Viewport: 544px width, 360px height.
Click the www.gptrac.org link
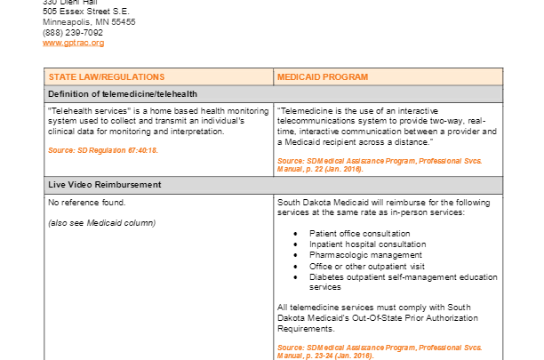point(73,43)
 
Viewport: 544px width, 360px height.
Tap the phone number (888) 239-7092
point(73,33)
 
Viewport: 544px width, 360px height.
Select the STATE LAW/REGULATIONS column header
point(107,77)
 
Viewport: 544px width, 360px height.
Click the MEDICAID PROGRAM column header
point(322,77)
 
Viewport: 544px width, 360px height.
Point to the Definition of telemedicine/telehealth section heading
point(123,93)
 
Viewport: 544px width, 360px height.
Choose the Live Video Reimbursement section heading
point(105,184)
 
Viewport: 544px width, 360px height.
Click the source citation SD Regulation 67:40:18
point(103,150)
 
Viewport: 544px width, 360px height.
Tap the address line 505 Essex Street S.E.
point(89,12)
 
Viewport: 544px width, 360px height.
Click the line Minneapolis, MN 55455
point(89,22)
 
